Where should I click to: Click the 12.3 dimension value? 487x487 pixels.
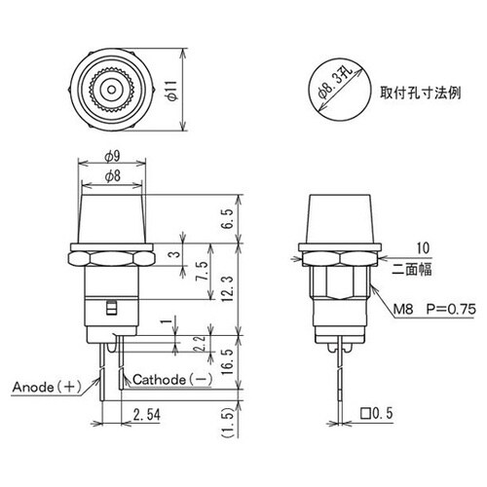click(227, 288)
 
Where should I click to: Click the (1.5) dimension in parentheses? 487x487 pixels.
click(227, 421)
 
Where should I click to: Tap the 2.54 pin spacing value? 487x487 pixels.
click(143, 416)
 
